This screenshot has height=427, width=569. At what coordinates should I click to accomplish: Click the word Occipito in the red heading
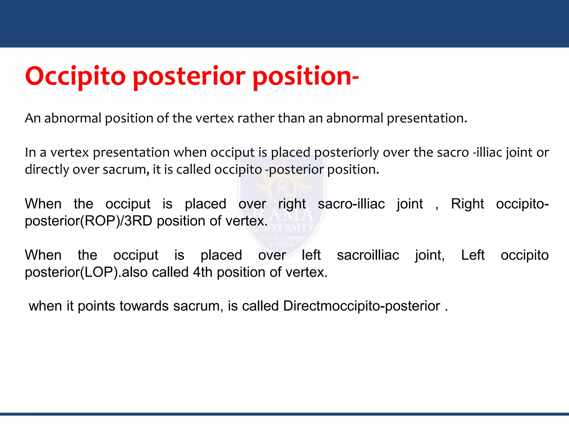pos(75,77)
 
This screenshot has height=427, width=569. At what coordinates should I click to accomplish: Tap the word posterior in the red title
pos(189,77)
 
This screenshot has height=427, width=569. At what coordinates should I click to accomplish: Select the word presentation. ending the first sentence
pos(427,118)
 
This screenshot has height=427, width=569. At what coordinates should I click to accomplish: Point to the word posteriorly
pos(346,153)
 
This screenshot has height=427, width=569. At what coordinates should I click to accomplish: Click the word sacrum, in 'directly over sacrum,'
pos(126,170)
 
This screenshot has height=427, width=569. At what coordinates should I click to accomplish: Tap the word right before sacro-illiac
pos(292,204)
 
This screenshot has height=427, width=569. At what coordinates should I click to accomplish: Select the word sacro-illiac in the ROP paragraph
pos(351,204)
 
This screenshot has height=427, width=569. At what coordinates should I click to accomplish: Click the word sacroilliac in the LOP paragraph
pos(368,255)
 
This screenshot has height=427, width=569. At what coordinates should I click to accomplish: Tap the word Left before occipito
pos(473,255)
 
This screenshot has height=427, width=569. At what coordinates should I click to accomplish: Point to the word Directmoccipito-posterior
pos(361,306)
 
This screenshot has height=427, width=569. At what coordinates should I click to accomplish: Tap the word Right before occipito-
pos(467,204)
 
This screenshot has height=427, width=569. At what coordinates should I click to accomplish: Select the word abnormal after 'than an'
pos(355,118)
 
